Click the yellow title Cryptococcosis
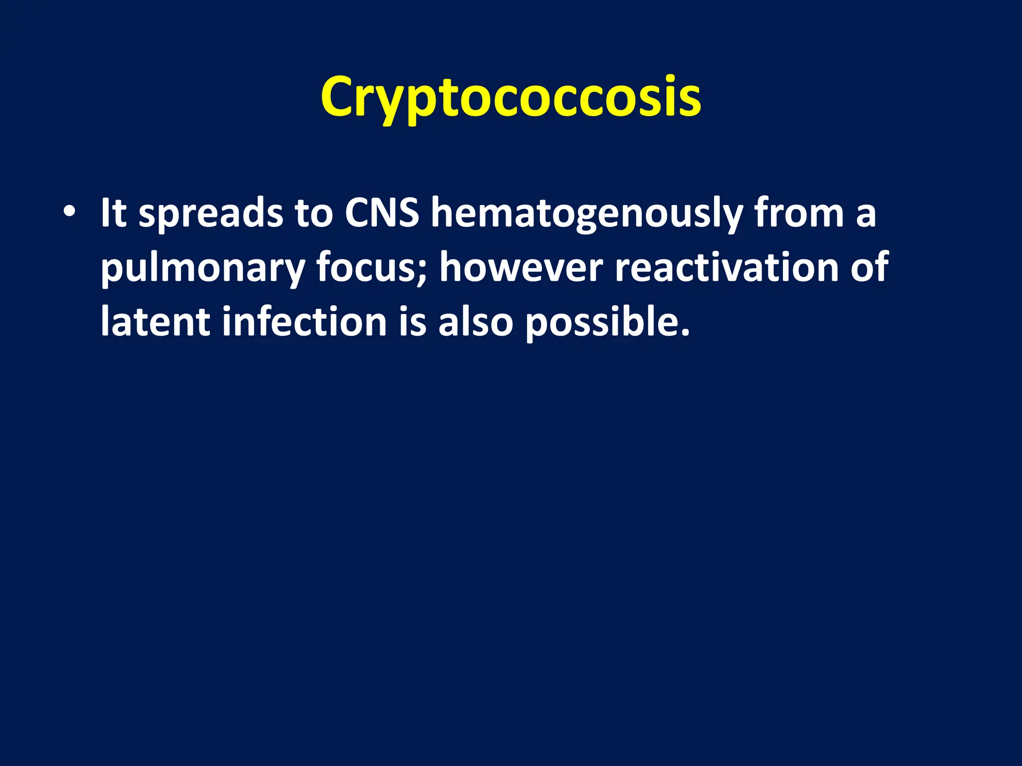pyautogui.click(x=511, y=97)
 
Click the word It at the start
pyautogui.click(x=113, y=213)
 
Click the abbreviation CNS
pyautogui.click(x=382, y=213)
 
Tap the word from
pyautogui.click(x=799, y=213)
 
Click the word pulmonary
pyautogui.click(x=202, y=270)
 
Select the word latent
pyautogui.click(x=155, y=322)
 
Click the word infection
pyautogui.click(x=304, y=322)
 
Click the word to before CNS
pyautogui.click(x=313, y=214)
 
